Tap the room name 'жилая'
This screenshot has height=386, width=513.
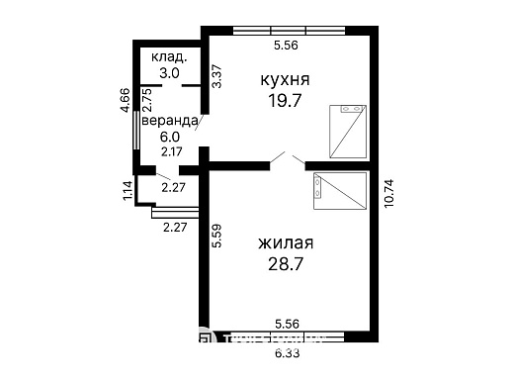pyautogui.click(x=286, y=243)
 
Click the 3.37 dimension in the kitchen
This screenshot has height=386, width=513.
pyautogui.click(x=217, y=77)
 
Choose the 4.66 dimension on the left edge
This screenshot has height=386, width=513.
pyautogui.click(x=126, y=103)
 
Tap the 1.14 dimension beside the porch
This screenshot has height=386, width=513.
pyautogui.click(x=127, y=191)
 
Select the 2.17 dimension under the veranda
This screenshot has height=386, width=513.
pyautogui.click(x=172, y=151)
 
